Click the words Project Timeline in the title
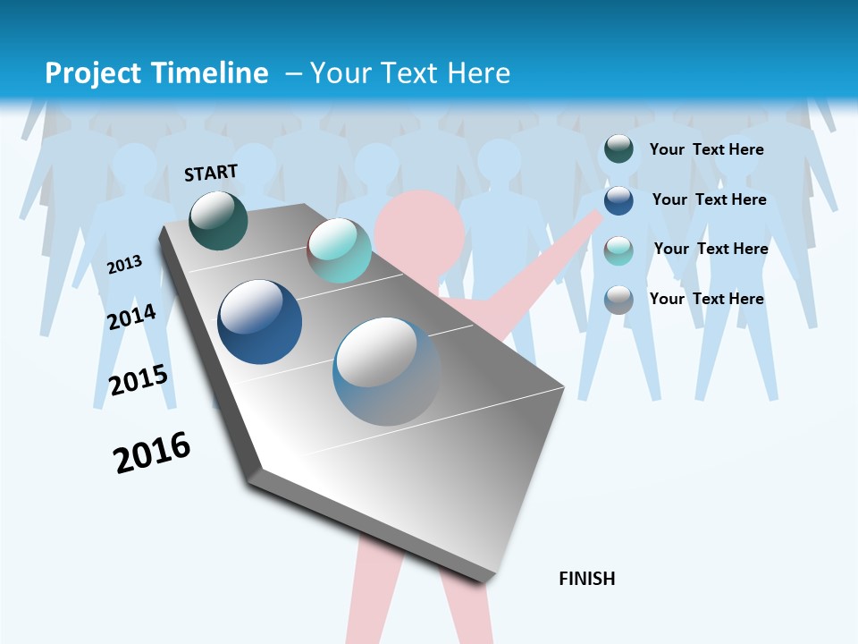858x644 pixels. (156, 73)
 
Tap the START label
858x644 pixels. (211, 173)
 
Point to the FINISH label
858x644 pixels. (587, 579)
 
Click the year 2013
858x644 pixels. (125, 265)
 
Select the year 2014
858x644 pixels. (132, 317)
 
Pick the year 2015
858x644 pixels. (139, 379)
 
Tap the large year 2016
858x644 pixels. (152, 452)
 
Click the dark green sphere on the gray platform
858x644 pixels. (219, 220)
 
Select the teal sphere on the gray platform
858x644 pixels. (339, 250)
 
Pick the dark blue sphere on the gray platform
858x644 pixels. (260, 322)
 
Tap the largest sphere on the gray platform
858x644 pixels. (387, 371)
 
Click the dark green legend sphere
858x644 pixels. (618, 149)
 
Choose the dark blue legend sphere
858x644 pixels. (618, 199)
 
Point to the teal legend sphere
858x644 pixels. (618, 250)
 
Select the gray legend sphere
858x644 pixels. (618, 300)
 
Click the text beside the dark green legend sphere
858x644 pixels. (707, 149)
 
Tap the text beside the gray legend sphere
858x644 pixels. (707, 299)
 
